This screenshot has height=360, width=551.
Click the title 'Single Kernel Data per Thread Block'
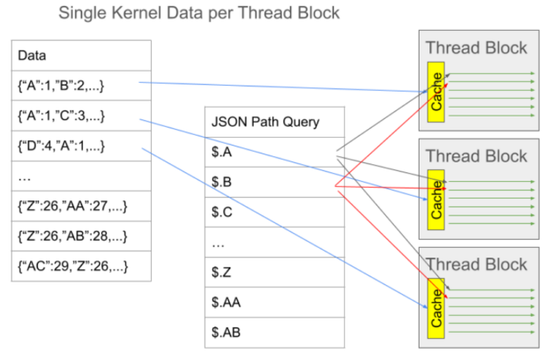pyautogui.click(x=198, y=14)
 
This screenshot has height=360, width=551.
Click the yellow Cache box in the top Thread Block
pyautogui.click(x=436, y=91)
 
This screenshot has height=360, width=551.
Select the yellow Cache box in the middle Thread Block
pyautogui.click(x=436, y=199)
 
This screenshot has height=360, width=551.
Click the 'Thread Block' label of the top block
pyautogui.click(x=476, y=49)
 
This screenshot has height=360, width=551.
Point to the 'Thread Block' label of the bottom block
pyautogui.click(x=476, y=264)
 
